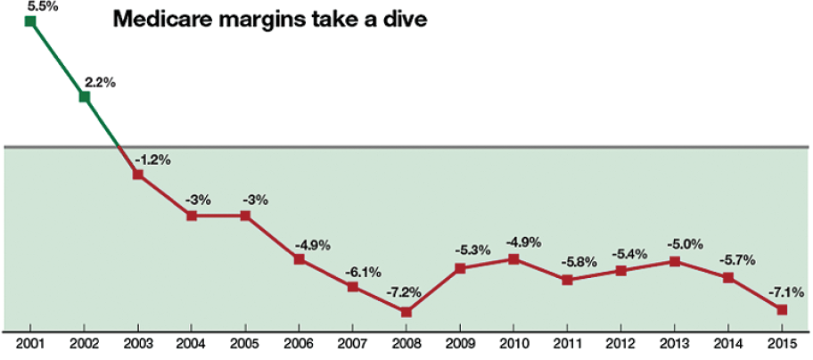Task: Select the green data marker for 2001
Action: tap(31, 20)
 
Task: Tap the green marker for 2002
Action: tap(85, 96)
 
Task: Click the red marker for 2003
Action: tap(138, 175)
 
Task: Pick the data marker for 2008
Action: tap(406, 312)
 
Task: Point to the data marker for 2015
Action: tap(782, 309)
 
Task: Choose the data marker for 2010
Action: tap(513, 259)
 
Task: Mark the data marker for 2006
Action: tap(300, 259)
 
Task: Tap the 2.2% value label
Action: tap(100, 82)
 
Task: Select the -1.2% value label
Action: tap(152, 160)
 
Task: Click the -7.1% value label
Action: tap(786, 290)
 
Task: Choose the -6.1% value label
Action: tap(363, 269)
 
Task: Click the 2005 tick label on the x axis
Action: tap(245, 343)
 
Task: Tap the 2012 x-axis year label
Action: tap(620, 343)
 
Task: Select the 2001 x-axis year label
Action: tap(31, 343)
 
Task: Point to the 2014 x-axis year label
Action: tap(728, 343)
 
